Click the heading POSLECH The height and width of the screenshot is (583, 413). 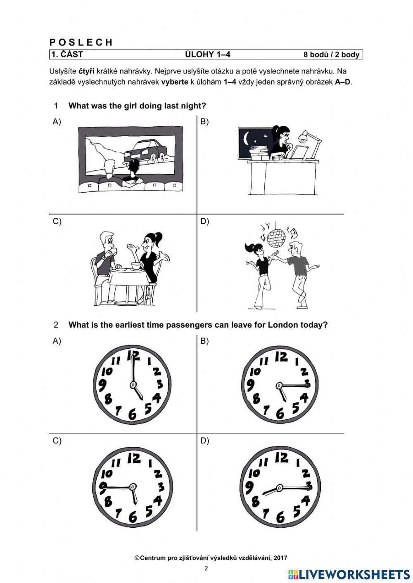point(81,42)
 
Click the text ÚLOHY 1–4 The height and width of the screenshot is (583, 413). point(207,54)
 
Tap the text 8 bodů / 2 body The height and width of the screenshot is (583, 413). point(331,54)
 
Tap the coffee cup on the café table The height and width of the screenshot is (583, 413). point(136,265)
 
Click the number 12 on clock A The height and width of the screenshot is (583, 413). point(133,355)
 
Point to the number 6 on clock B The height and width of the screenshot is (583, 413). point(280,413)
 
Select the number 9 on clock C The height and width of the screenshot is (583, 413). point(104,486)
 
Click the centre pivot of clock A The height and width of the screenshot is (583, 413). point(133,385)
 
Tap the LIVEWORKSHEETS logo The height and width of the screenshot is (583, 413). point(349,574)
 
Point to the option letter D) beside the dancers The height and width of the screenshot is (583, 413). point(205,222)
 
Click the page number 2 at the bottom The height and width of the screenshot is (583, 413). point(206,569)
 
